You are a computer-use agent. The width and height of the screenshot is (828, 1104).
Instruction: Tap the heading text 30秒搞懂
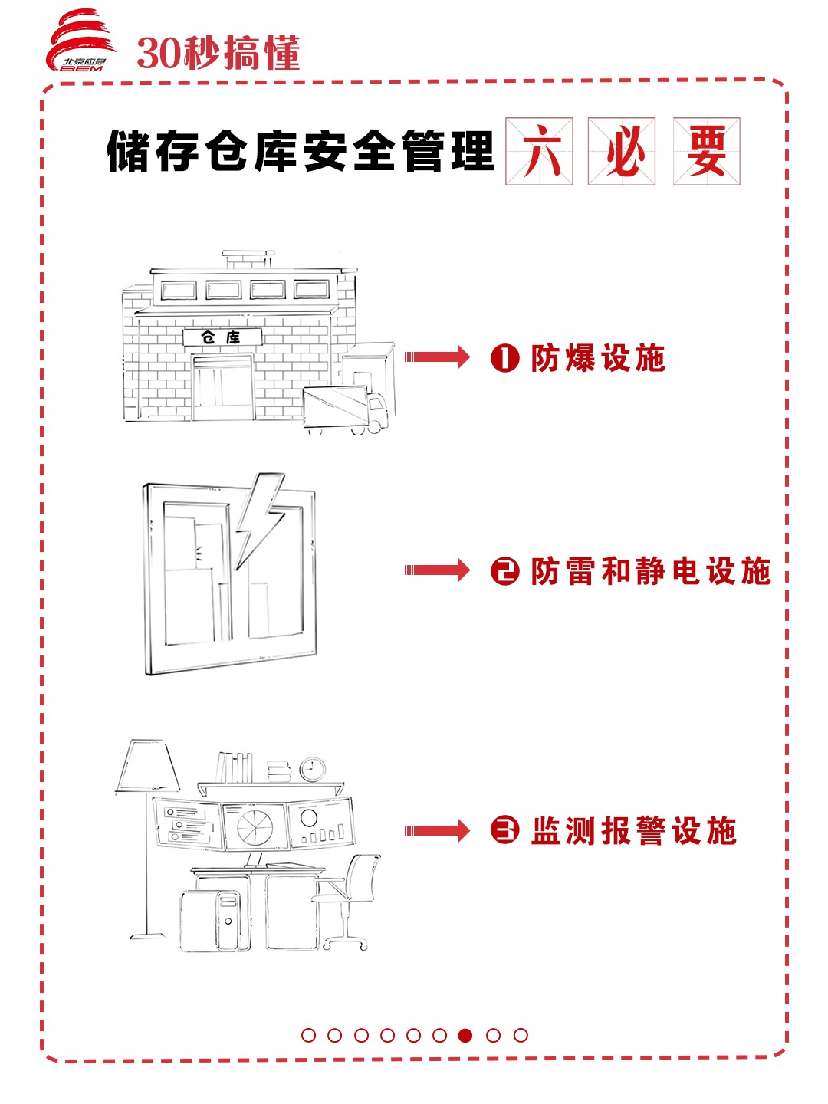pos(218,54)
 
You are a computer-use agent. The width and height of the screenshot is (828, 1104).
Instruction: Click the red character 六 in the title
pos(539,151)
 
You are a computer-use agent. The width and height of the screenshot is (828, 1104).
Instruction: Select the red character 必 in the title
pos(622,151)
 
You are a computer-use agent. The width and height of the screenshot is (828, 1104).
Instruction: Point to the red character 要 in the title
pos(706,151)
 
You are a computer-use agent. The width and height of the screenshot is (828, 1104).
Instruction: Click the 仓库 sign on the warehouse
pos(222,337)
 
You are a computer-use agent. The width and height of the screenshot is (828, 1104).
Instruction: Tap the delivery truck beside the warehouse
pos(345,409)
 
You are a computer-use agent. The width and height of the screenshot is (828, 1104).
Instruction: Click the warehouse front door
pos(222,389)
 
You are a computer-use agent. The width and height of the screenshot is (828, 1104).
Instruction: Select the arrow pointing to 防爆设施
pos(437,356)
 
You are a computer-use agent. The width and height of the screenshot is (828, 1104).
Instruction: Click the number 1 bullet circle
pos(504,358)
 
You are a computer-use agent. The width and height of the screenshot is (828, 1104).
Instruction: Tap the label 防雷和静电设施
pos(650,572)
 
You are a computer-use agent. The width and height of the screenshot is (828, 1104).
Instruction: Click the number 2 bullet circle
pos(504,572)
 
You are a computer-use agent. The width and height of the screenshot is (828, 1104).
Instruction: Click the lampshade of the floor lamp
pos(147,765)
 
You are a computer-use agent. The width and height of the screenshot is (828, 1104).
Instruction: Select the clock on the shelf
pos(312,769)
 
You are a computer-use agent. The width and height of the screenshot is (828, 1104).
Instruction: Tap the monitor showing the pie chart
pos(253,826)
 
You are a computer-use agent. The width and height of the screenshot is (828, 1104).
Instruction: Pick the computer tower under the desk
pos(228,920)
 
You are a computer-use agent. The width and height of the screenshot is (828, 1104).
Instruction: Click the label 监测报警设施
pos(633,831)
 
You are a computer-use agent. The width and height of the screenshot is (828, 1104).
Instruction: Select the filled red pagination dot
pos(465,1035)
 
